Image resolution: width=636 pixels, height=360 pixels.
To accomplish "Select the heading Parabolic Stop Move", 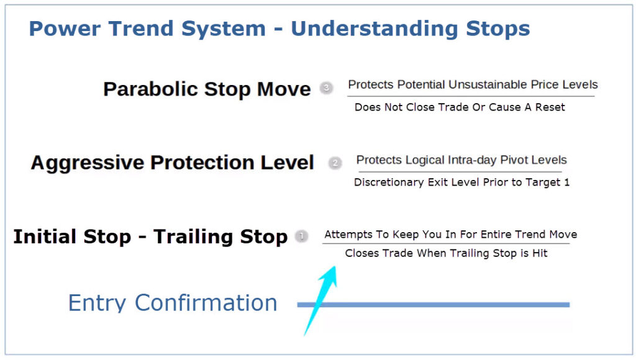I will click(207, 89).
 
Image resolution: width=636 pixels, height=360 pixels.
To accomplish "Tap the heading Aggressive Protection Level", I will click(172, 163).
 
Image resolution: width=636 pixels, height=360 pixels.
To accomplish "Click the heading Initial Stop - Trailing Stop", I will click(150, 236).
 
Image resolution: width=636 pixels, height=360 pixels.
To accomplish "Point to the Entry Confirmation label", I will click(172, 303).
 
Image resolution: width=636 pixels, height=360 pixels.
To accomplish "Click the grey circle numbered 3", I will click(327, 88).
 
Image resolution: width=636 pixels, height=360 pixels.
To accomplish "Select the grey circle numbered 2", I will click(335, 163).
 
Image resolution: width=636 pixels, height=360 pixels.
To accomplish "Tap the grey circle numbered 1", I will click(302, 236).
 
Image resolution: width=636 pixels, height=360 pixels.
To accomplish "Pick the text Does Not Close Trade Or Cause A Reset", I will click(460, 107).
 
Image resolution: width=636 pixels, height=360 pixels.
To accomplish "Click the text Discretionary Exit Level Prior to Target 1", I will click(461, 182).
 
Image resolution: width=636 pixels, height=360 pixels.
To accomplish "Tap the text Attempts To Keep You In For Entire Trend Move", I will click(450, 235).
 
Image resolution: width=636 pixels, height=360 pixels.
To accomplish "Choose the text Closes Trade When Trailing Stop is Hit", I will click(446, 253).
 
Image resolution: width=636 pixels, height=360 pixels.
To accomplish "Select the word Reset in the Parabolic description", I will click(550, 107).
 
